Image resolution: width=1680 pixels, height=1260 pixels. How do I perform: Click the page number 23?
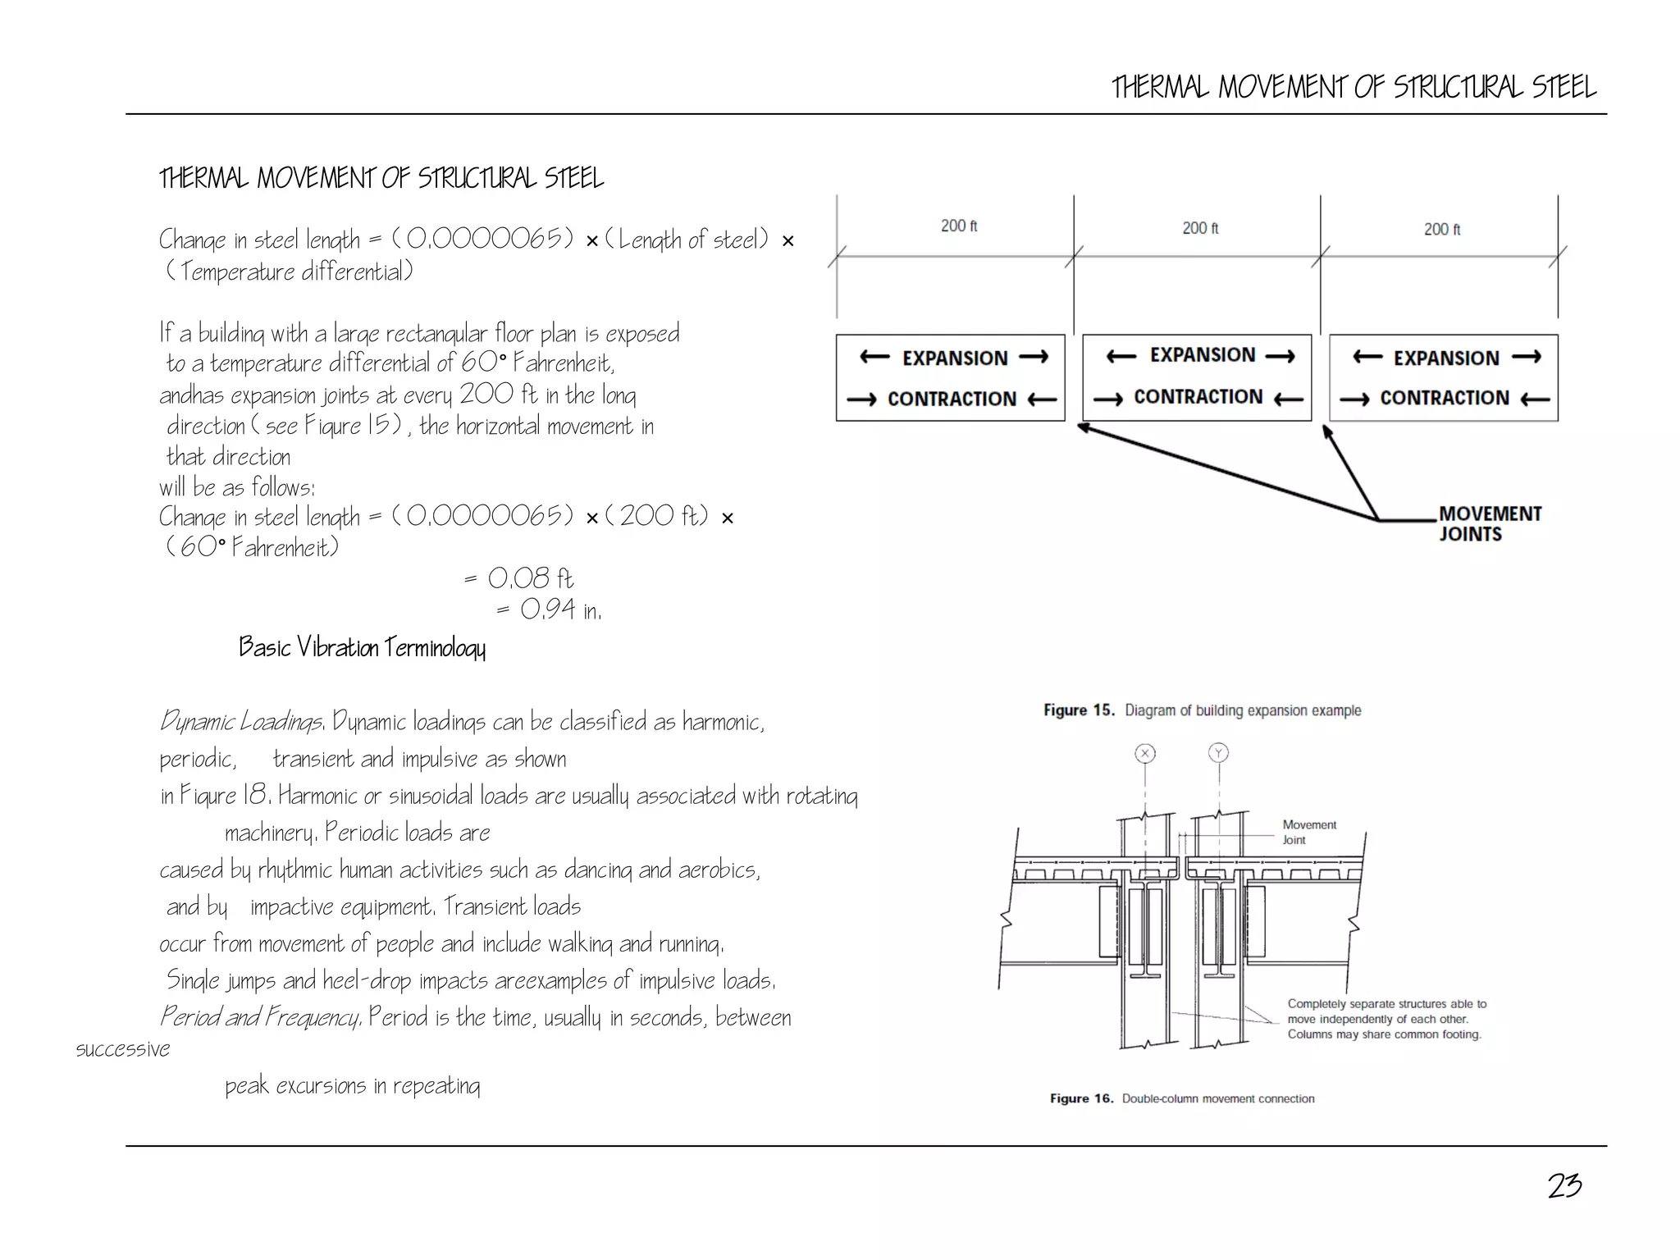1564,1185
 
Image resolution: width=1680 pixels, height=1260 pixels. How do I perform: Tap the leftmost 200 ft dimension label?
958,226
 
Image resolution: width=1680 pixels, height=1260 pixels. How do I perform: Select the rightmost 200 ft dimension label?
1441,230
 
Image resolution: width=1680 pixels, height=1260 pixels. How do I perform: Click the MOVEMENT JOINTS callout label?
1489,523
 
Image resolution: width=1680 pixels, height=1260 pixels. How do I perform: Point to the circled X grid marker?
1145,753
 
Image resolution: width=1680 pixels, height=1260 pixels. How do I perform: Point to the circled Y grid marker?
1218,753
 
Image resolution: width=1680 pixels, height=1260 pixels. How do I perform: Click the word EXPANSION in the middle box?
1202,355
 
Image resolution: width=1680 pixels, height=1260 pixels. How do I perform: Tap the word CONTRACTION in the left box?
952,399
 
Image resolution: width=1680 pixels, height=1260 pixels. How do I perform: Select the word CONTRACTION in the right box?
1444,398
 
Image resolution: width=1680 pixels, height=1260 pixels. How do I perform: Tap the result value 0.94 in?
559,609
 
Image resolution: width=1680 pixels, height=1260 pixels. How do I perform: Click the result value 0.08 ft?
530,579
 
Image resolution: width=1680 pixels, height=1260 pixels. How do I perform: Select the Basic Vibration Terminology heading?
362,647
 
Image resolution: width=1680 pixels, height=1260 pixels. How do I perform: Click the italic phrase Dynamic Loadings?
241,722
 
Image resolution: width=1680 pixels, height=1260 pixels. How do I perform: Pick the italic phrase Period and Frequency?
260,1017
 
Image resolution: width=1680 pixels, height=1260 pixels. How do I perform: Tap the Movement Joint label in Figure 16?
1308,832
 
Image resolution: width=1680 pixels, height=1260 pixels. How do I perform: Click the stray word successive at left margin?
123,1049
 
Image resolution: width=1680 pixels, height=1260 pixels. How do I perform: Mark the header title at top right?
1354,87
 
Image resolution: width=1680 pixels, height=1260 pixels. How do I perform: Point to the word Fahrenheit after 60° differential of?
563,363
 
